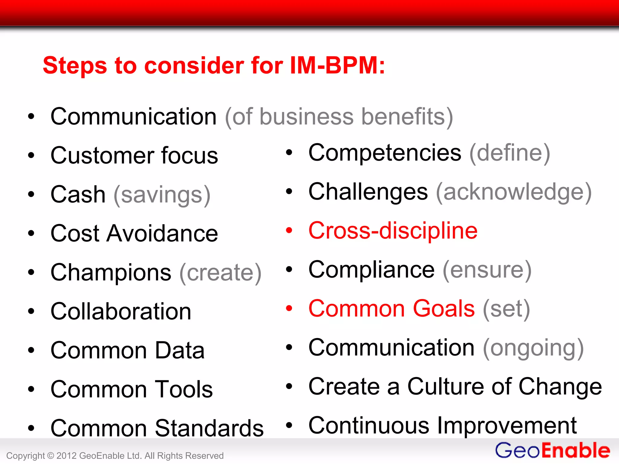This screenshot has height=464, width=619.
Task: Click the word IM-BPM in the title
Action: point(337,65)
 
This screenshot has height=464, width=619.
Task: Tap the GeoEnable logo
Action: point(553,450)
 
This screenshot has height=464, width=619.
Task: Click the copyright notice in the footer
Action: point(115,456)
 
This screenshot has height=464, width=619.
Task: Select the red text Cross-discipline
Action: point(393,231)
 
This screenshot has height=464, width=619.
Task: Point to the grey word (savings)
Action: point(162,195)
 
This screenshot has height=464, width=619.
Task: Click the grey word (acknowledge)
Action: point(514,192)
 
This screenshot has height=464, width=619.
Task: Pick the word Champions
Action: point(111,272)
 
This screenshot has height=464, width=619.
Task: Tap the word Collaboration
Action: point(121,311)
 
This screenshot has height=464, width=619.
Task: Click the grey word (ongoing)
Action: point(533,348)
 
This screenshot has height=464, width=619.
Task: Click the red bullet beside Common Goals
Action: point(289,308)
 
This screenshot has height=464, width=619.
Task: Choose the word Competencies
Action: point(385,153)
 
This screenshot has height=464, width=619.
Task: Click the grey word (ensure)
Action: point(487,270)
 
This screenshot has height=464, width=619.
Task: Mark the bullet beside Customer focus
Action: point(31,155)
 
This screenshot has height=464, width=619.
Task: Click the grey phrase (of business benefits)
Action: point(339,117)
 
